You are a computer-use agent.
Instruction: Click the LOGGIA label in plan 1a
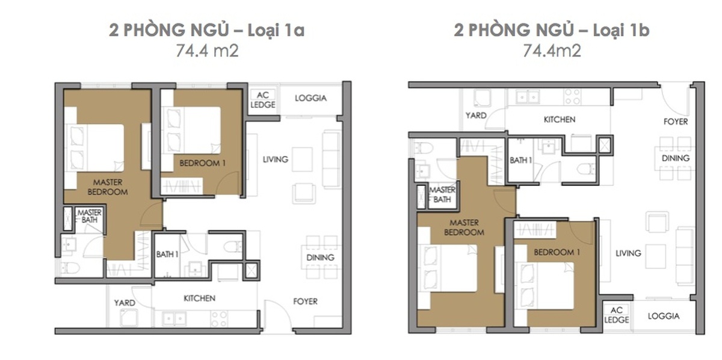tap(310, 98)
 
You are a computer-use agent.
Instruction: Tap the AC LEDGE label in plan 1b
tap(616, 315)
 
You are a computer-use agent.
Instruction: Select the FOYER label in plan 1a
tap(305, 301)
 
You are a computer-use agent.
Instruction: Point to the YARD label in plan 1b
tap(476, 115)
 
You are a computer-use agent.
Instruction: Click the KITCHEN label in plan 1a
tap(200, 298)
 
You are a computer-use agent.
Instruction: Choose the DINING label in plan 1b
tap(676, 158)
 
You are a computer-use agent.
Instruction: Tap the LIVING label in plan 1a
tap(276, 160)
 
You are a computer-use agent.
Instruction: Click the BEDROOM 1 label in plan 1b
tap(557, 252)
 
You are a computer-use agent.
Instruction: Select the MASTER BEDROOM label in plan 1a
tap(108, 187)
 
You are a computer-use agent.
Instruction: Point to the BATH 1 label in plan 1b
tap(520, 160)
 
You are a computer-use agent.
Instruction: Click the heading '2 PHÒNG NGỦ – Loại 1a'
tap(206, 30)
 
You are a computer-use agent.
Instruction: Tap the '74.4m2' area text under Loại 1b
tap(552, 51)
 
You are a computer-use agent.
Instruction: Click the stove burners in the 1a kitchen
tap(220, 318)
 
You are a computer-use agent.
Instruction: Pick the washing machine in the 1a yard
tap(129, 318)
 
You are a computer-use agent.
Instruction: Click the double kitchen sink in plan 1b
tap(527, 97)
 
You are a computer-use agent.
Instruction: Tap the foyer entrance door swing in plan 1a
tap(277, 314)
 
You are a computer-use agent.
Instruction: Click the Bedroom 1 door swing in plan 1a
tap(228, 183)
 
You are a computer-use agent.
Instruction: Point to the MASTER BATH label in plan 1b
tap(442, 194)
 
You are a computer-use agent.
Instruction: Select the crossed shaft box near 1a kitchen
tap(251, 271)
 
